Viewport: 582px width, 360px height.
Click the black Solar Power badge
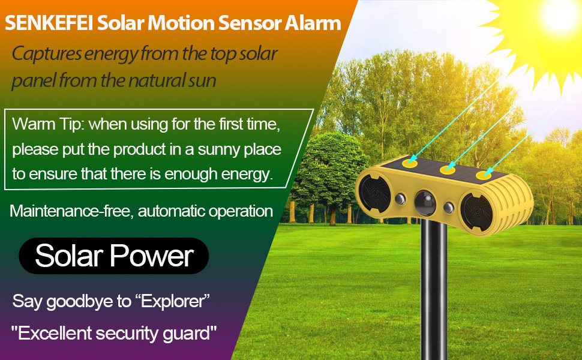tap(114, 256)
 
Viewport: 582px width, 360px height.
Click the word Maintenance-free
tap(70, 211)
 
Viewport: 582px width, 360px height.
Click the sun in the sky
tap(555, 18)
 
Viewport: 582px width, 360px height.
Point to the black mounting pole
tap(433, 288)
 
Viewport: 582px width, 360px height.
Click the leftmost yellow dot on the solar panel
tap(410, 161)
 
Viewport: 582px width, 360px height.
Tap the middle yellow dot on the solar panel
tap(446, 170)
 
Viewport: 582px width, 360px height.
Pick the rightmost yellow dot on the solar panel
tap(484, 176)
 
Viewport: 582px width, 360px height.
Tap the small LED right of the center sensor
tap(449, 208)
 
